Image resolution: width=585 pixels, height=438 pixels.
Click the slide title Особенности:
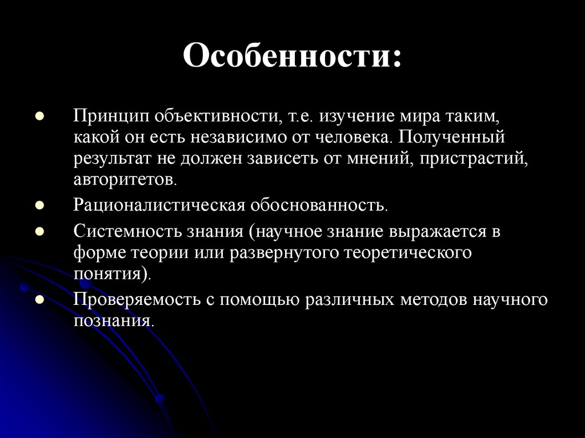[292, 57]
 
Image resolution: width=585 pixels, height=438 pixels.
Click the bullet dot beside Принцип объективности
[39, 116]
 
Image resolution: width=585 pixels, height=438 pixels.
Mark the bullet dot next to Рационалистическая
[39, 204]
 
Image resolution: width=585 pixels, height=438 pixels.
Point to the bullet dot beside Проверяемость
[39, 299]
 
